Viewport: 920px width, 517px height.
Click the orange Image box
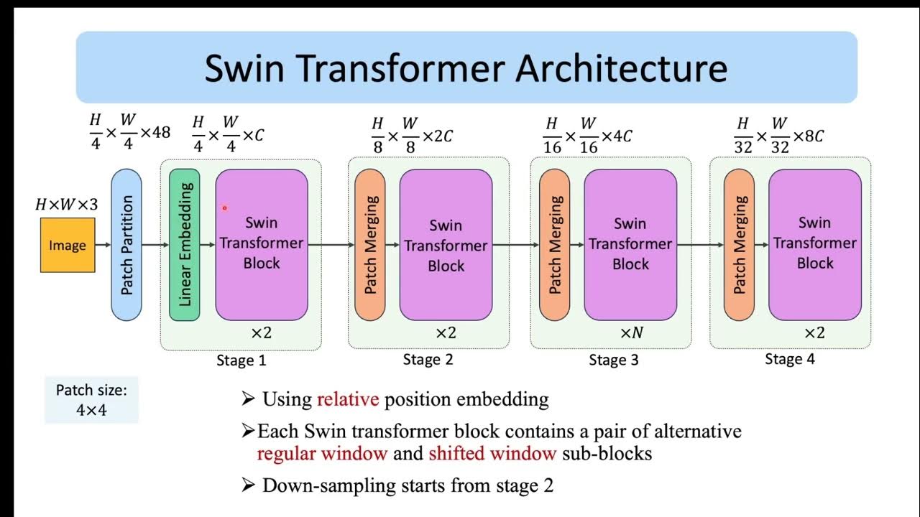(68, 246)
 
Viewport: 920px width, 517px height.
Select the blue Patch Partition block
(126, 245)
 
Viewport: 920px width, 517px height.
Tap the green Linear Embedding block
(184, 245)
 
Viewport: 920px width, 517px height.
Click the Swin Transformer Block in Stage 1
(262, 244)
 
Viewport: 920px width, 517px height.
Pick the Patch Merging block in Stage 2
(370, 245)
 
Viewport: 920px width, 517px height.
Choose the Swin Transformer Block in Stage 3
(630, 244)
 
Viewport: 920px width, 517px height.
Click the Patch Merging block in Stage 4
(739, 245)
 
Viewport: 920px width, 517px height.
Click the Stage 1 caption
(241, 360)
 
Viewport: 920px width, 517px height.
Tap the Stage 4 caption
(789, 359)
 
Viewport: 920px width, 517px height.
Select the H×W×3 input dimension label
(66, 205)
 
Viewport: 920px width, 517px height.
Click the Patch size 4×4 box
(91, 401)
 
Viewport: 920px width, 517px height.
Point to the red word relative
(348, 399)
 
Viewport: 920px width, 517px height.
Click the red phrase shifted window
(492, 454)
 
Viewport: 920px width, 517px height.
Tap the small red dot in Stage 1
(224, 208)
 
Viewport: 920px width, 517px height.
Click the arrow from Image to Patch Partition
(103, 246)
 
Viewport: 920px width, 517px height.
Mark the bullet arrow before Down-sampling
(249, 485)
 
